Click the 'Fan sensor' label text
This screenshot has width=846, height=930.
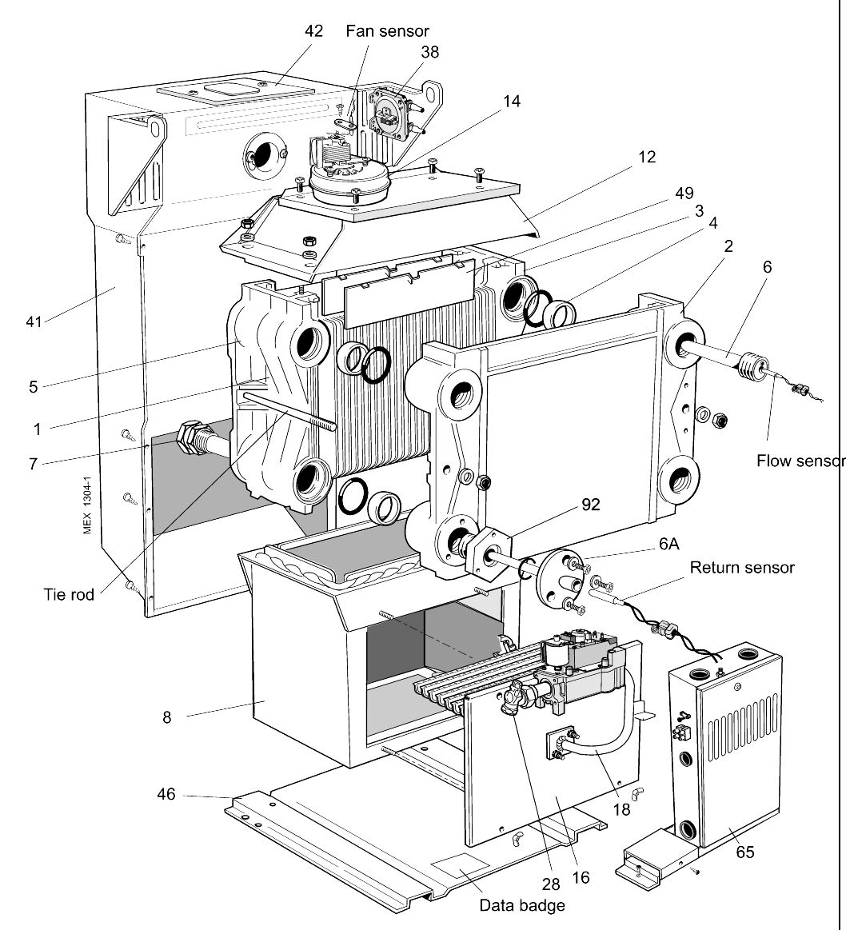point(387,31)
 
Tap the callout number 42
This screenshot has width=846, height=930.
point(314,31)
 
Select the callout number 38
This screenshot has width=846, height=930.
point(429,52)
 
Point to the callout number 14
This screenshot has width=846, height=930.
point(511,102)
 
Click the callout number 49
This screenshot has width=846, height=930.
point(684,193)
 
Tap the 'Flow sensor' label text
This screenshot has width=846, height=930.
point(800,461)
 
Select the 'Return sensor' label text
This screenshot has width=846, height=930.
point(742,567)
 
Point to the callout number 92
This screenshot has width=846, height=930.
point(590,505)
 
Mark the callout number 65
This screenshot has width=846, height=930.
point(744,852)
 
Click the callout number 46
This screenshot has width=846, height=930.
point(166,795)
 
